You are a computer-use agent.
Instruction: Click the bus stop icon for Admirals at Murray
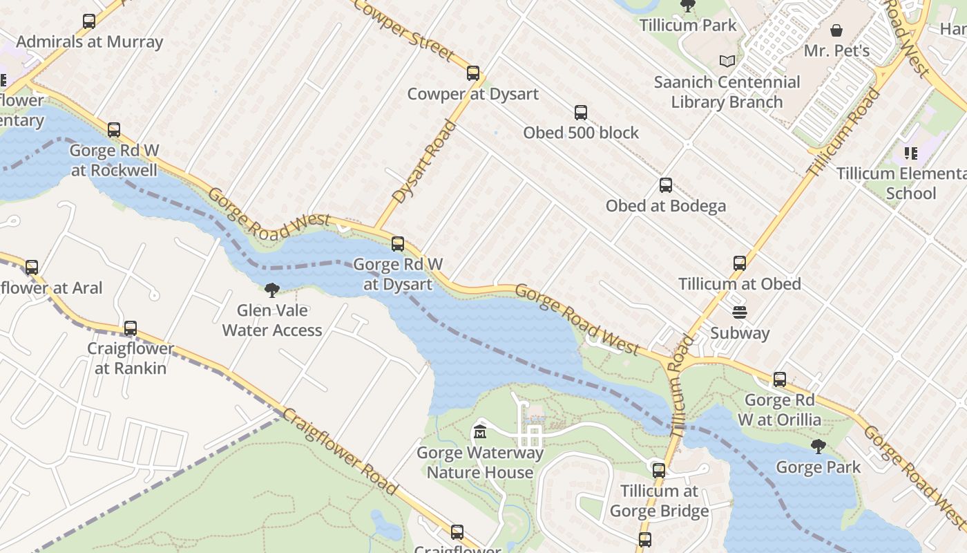89,21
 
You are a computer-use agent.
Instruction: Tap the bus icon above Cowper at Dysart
473,73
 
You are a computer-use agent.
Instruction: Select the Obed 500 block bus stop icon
581,113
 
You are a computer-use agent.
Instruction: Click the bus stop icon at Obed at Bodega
666,185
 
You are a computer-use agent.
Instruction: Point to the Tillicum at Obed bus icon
740,263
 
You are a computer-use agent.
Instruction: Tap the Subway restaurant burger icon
740,312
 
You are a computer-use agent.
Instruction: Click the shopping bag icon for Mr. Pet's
836,31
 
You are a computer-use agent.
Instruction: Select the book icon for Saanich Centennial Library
727,62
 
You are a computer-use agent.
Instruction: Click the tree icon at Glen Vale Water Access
272,290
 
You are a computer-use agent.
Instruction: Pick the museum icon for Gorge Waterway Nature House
480,433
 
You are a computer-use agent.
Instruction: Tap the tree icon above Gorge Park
818,447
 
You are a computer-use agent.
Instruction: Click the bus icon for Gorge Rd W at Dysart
398,244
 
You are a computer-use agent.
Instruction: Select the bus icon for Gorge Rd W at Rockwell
114,130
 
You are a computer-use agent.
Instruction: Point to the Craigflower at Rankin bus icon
131,328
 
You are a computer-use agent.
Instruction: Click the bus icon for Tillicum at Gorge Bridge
659,471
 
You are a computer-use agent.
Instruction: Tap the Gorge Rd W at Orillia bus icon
780,379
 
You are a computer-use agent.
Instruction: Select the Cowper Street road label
403,29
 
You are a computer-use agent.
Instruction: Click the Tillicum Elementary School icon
910,153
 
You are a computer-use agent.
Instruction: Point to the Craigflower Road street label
341,451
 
